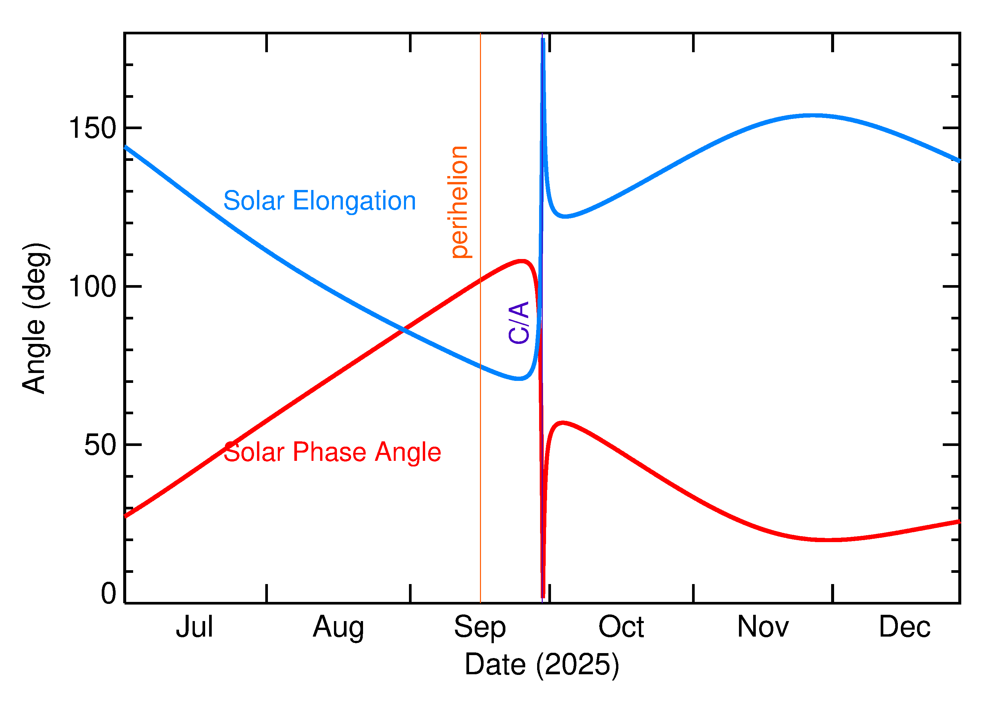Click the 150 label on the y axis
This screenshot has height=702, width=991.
92,129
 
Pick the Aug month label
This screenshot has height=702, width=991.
338,627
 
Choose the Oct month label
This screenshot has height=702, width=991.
621,627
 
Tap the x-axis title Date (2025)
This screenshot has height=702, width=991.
542,664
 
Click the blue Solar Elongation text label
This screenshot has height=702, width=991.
319,201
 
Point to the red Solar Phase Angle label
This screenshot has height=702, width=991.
332,452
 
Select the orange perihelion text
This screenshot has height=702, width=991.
459,202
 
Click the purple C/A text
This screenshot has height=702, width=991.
519,322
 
